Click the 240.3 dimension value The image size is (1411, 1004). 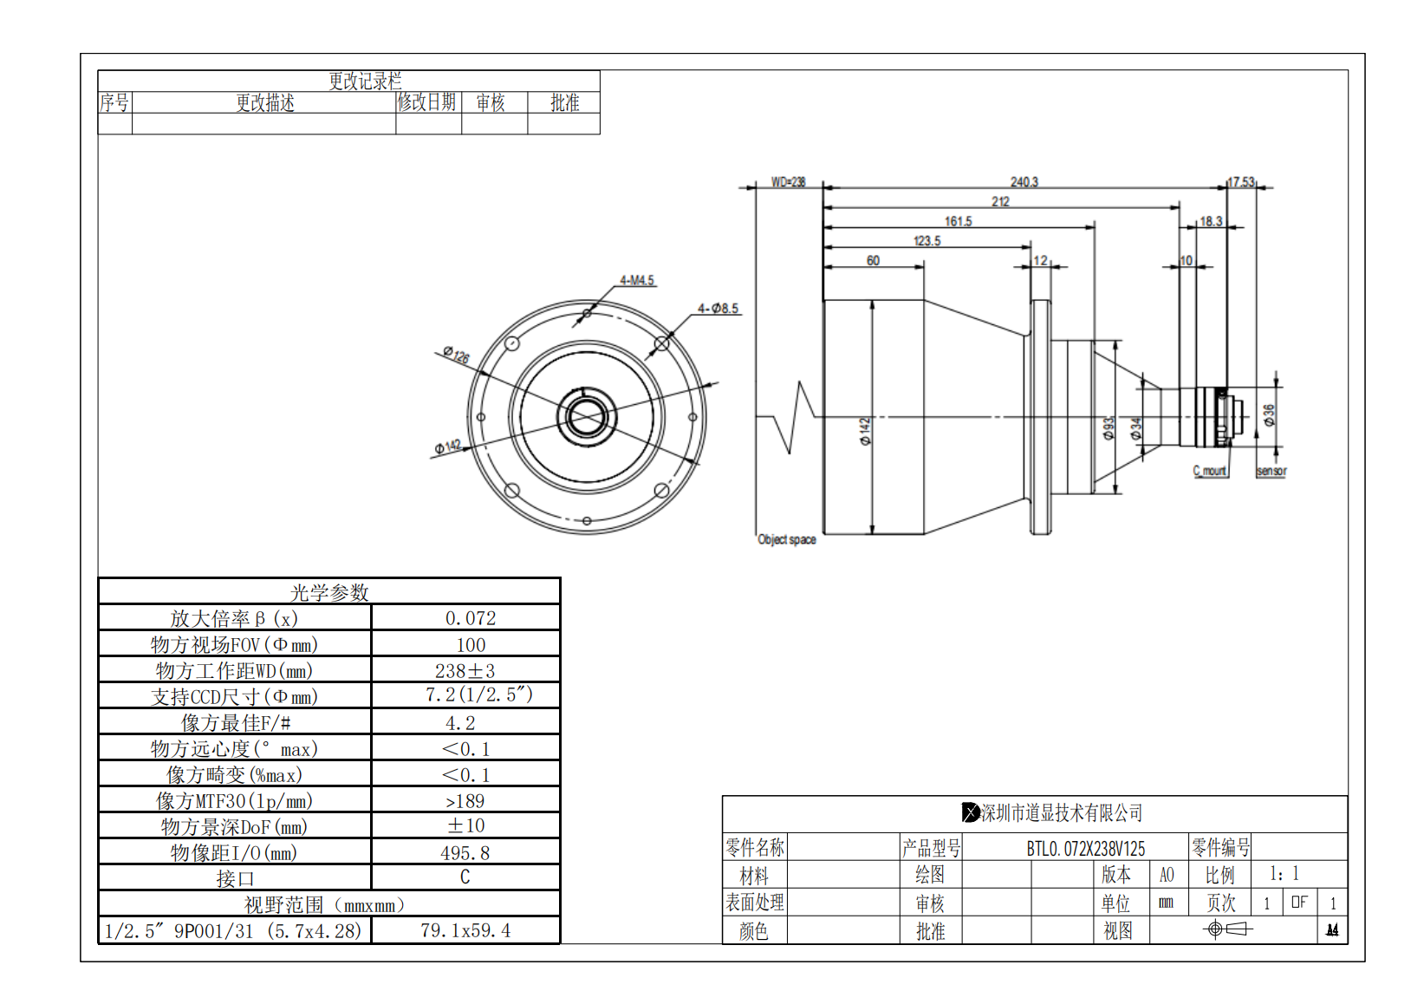coord(1024,182)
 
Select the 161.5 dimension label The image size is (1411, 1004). coord(958,221)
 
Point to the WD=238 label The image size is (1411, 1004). coord(788,182)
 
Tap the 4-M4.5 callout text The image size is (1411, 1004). coord(637,281)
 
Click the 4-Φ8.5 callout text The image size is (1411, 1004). coord(719,309)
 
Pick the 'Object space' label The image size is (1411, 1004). coord(787,539)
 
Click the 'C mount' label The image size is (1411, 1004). coord(1210,471)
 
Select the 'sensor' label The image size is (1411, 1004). coord(1271,471)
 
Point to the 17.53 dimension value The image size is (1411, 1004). coord(1241,182)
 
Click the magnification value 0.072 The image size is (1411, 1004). coord(471,618)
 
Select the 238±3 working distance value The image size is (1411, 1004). coord(465,671)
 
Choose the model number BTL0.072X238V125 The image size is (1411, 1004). coord(1085,848)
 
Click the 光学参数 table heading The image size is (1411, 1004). coord(329,592)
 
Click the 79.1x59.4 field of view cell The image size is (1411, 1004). coord(465,931)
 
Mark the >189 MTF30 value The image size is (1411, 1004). coord(465,801)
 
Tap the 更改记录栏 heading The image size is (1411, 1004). coord(365,81)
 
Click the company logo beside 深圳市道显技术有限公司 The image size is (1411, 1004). coord(971,812)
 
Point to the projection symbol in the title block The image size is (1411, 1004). coord(1228,929)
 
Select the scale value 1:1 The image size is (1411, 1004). coord(1284,874)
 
